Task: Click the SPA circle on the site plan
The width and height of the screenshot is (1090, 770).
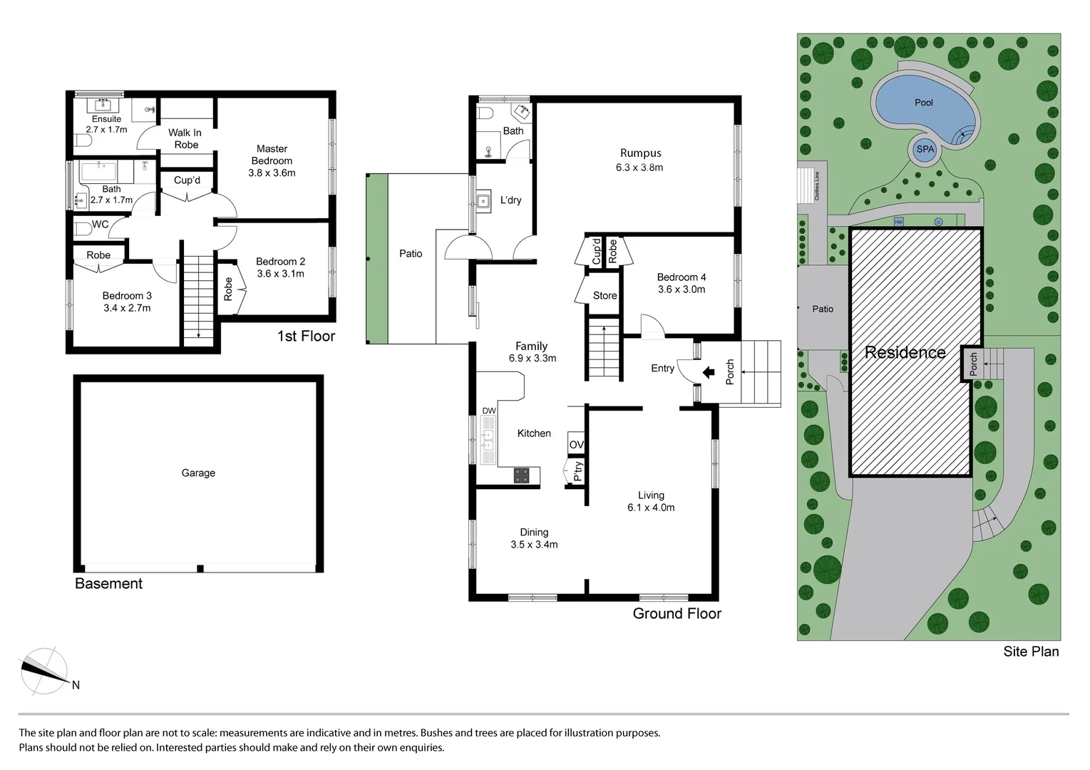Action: pos(925,150)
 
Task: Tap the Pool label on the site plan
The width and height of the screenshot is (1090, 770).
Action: pos(924,103)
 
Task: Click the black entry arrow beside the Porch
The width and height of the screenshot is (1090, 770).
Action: pos(709,372)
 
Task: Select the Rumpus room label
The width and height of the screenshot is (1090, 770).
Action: pos(640,153)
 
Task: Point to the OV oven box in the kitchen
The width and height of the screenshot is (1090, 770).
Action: pos(576,444)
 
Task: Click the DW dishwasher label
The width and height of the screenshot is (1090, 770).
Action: pos(488,411)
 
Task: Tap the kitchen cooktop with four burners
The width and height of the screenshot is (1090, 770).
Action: pos(522,476)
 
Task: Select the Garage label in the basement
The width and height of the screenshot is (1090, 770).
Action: pos(198,473)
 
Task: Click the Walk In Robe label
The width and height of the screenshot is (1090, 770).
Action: pos(185,138)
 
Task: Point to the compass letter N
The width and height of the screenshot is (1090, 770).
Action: pos(76,685)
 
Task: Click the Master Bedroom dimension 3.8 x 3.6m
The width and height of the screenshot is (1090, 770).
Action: pos(272,173)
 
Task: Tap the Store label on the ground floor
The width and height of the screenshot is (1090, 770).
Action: pos(605,295)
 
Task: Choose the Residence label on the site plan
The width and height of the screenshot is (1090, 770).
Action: pos(905,352)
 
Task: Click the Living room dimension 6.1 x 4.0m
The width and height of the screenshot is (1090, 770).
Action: pos(651,508)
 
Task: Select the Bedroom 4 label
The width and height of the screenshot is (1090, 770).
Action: pos(682,277)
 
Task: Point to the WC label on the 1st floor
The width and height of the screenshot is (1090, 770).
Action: pos(101,225)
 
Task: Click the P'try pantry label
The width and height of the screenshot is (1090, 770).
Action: pos(578,471)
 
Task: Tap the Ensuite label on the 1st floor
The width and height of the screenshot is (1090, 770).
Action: pos(106,119)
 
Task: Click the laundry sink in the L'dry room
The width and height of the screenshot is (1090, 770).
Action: pos(483,201)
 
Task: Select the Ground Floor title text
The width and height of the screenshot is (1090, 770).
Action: pos(677,614)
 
